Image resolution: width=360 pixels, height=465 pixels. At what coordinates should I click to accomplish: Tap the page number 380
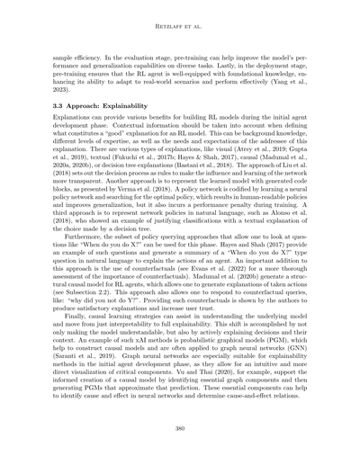pos(179,430)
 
